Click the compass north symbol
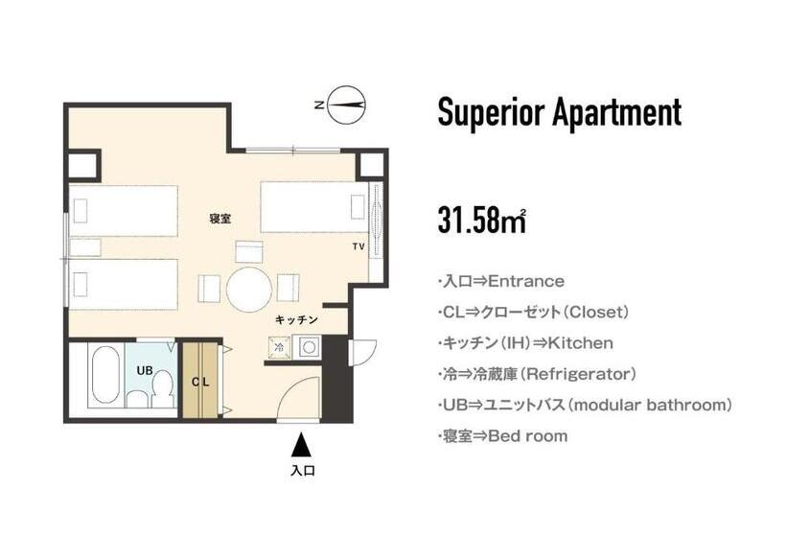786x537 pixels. [346, 105]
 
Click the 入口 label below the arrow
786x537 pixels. [302, 471]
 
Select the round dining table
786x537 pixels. [249, 286]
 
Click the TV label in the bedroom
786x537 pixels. [358, 247]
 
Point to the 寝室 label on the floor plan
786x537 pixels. [220, 219]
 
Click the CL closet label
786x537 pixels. [200, 382]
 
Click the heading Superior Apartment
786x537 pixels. [559, 113]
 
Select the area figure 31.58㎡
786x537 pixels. [482, 219]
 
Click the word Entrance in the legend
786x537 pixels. [526, 282]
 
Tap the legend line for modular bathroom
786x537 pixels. [584, 406]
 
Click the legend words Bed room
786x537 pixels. [528, 436]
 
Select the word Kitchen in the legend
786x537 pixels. [579, 343]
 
